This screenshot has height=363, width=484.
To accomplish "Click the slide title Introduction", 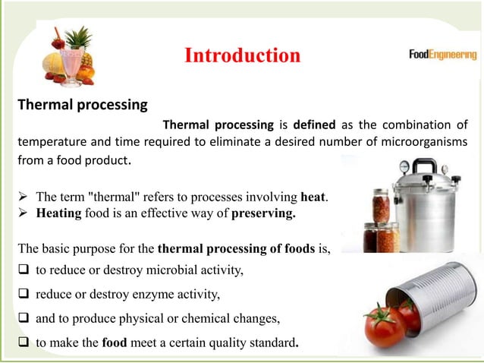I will pos(242,55).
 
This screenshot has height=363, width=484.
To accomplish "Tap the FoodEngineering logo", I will pos(442,55).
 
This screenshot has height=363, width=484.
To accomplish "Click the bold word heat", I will pos(313,197).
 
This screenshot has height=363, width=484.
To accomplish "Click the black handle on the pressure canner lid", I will pos(423,165).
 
